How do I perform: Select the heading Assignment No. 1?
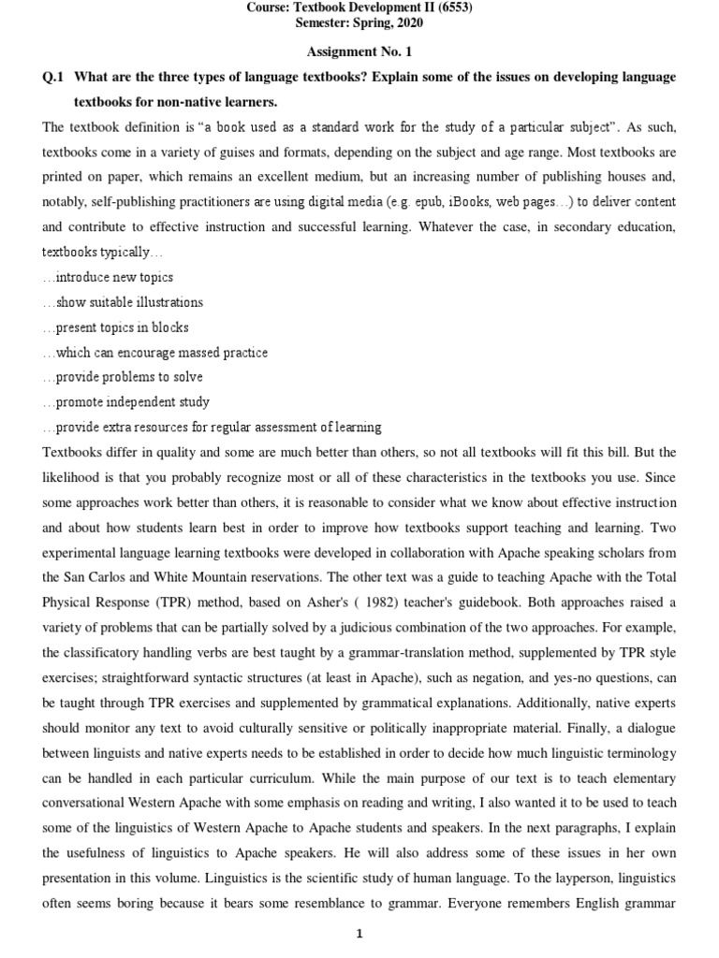click(x=359, y=52)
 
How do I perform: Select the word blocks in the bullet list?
click(x=169, y=327)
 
